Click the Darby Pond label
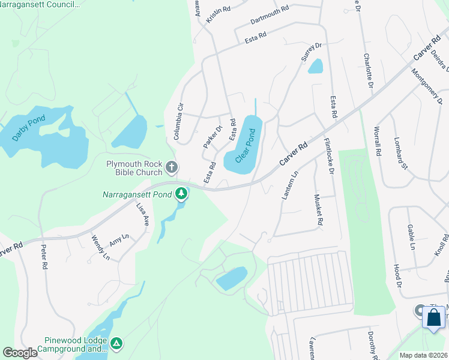pos(29,128)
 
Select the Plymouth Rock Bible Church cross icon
pos(172,166)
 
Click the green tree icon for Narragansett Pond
pos(181,193)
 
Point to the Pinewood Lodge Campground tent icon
pos(116,343)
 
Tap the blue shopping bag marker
pos(434,317)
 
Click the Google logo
pos(20,353)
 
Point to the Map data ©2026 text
pos(423,355)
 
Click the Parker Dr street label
pos(212,137)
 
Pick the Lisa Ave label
pos(142,214)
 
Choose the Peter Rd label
pos(44,256)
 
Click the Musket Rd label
pos(319,210)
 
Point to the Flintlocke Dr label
pos(329,157)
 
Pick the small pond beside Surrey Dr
pos(316,66)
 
